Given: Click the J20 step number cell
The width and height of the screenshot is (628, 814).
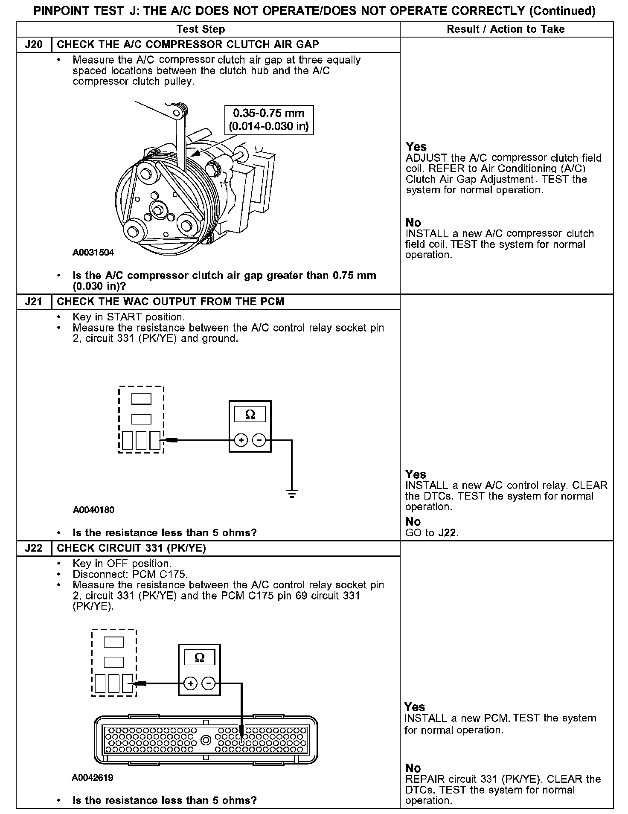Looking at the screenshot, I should [x=34, y=45].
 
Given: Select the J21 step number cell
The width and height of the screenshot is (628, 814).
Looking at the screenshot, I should [x=34, y=302].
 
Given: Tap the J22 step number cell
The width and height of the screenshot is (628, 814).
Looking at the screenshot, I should [x=34, y=548].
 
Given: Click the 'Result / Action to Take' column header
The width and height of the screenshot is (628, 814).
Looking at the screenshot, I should [x=506, y=29].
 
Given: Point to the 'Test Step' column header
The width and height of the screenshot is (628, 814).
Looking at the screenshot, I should [x=201, y=29].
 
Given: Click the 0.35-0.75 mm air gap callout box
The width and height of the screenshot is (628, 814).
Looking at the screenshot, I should [x=269, y=120].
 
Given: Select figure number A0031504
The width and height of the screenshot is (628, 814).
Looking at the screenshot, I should [x=93, y=253].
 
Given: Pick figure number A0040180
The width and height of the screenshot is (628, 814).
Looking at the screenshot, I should [x=93, y=509].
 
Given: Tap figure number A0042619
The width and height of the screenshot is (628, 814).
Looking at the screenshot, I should [x=93, y=778].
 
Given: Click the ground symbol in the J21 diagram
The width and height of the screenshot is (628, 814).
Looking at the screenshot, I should [x=292, y=495].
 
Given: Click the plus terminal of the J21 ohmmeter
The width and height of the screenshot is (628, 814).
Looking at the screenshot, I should [x=241, y=440].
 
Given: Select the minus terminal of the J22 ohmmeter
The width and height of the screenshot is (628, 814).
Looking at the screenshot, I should [x=208, y=684].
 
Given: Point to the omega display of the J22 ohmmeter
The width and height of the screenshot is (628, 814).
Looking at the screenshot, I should [x=199, y=658].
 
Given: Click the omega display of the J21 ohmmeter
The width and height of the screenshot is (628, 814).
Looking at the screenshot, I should [x=250, y=414].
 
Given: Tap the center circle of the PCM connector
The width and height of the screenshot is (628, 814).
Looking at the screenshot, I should [x=206, y=740].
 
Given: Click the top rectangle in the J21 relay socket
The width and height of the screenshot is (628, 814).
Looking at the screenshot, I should [x=141, y=399].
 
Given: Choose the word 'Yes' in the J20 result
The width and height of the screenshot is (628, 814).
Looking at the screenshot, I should [x=416, y=147].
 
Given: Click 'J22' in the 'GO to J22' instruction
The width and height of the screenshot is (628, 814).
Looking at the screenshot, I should [x=447, y=533].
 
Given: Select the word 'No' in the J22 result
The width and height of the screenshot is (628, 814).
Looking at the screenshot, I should [x=413, y=768].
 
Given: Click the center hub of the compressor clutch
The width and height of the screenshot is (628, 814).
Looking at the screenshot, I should [x=157, y=210].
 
